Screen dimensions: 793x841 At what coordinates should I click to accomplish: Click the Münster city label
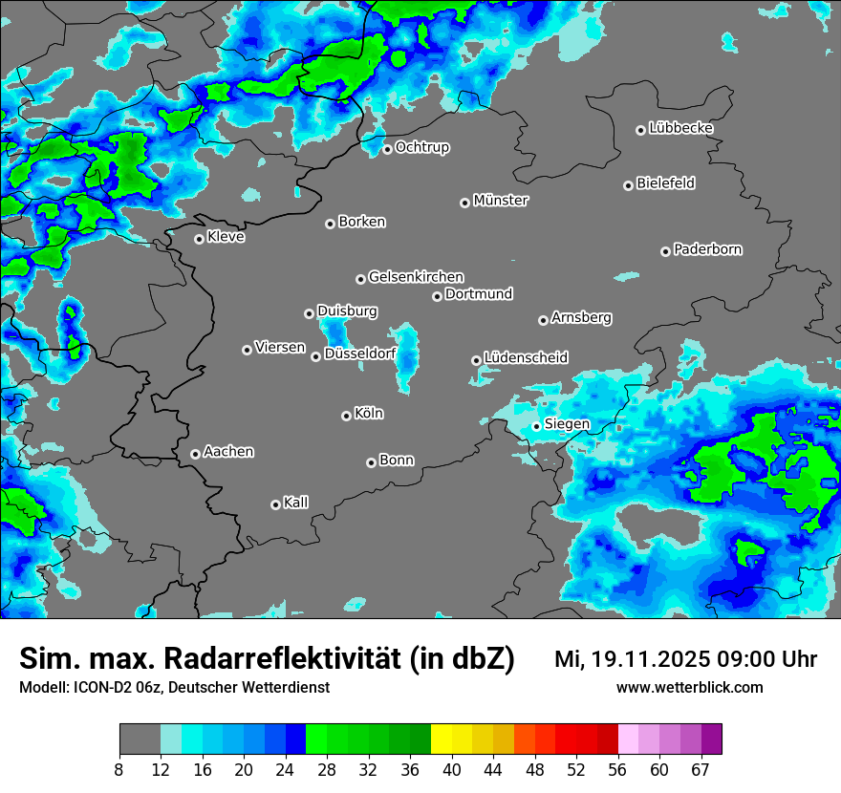click(x=501, y=201)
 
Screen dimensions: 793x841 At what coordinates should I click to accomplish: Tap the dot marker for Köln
click(x=346, y=416)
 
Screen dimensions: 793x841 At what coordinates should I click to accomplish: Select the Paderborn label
click(x=708, y=249)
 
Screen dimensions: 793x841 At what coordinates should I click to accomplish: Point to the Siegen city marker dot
click(x=537, y=426)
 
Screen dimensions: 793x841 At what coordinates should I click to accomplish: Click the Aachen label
click(x=228, y=452)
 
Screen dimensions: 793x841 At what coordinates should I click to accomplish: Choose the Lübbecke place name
click(x=681, y=128)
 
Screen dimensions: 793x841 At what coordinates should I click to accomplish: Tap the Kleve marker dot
click(x=200, y=239)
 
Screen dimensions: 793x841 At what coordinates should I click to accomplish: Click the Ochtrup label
click(x=422, y=147)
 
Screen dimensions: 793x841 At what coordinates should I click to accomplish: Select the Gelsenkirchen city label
click(x=416, y=277)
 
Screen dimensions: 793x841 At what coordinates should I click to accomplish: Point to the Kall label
click(x=296, y=503)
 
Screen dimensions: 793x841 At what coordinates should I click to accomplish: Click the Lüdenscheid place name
click(x=526, y=358)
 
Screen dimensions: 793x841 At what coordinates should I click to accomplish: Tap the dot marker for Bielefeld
click(x=629, y=185)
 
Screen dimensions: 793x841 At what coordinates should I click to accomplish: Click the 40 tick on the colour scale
click(x=452, y=770)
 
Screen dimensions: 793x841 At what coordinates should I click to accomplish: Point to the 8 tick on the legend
click(x=119, y=770)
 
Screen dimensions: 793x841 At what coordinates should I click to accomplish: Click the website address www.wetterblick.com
click(x=689, y=687)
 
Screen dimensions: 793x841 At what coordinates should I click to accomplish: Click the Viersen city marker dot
click(x=247, y=350)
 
